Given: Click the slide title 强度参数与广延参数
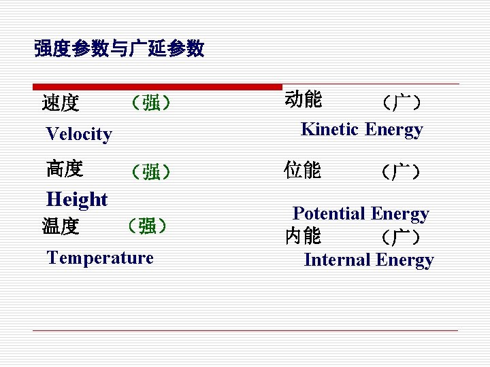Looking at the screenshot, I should [x=119, y=48].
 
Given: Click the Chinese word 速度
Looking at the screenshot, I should [x=61, y=103].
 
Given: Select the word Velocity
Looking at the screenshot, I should [x=79, y=134].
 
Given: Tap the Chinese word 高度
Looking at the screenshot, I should [x=65, y=168].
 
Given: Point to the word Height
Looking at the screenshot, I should [x=77, y=199].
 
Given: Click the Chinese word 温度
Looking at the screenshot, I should [x=61, y=226].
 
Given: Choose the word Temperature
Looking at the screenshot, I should [x=100, y=258].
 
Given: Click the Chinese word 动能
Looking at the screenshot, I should [x=304, y=99].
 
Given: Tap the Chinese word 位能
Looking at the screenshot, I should [x=304, y=170].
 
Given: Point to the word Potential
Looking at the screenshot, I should [x=329, y=213].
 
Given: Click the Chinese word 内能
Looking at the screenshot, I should [x=304, y=236].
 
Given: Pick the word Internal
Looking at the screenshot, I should [x=336, y=260].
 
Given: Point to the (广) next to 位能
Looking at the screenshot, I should [x=401, y=171].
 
